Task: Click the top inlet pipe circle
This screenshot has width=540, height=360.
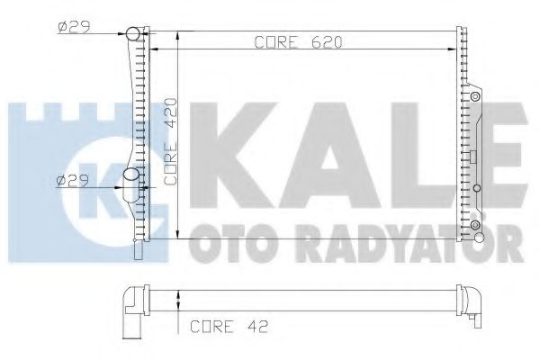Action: tap(132, 35)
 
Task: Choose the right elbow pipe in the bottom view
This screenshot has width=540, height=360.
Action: tap(472, 302)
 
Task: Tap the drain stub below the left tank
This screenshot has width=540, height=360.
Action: tap(137, 248)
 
